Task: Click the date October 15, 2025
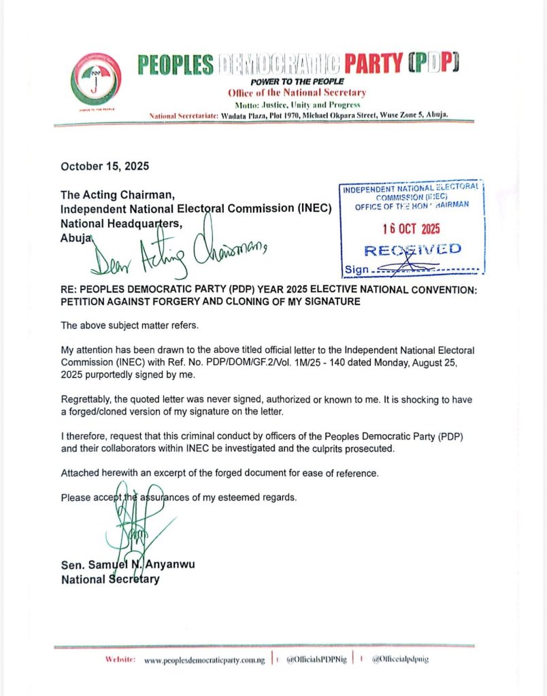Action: (x=105, y=166)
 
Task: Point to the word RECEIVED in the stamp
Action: (x=413, y=249)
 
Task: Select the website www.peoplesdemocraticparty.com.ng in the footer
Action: (x=204, y=659)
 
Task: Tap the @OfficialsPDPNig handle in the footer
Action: (x=315, y=659)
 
